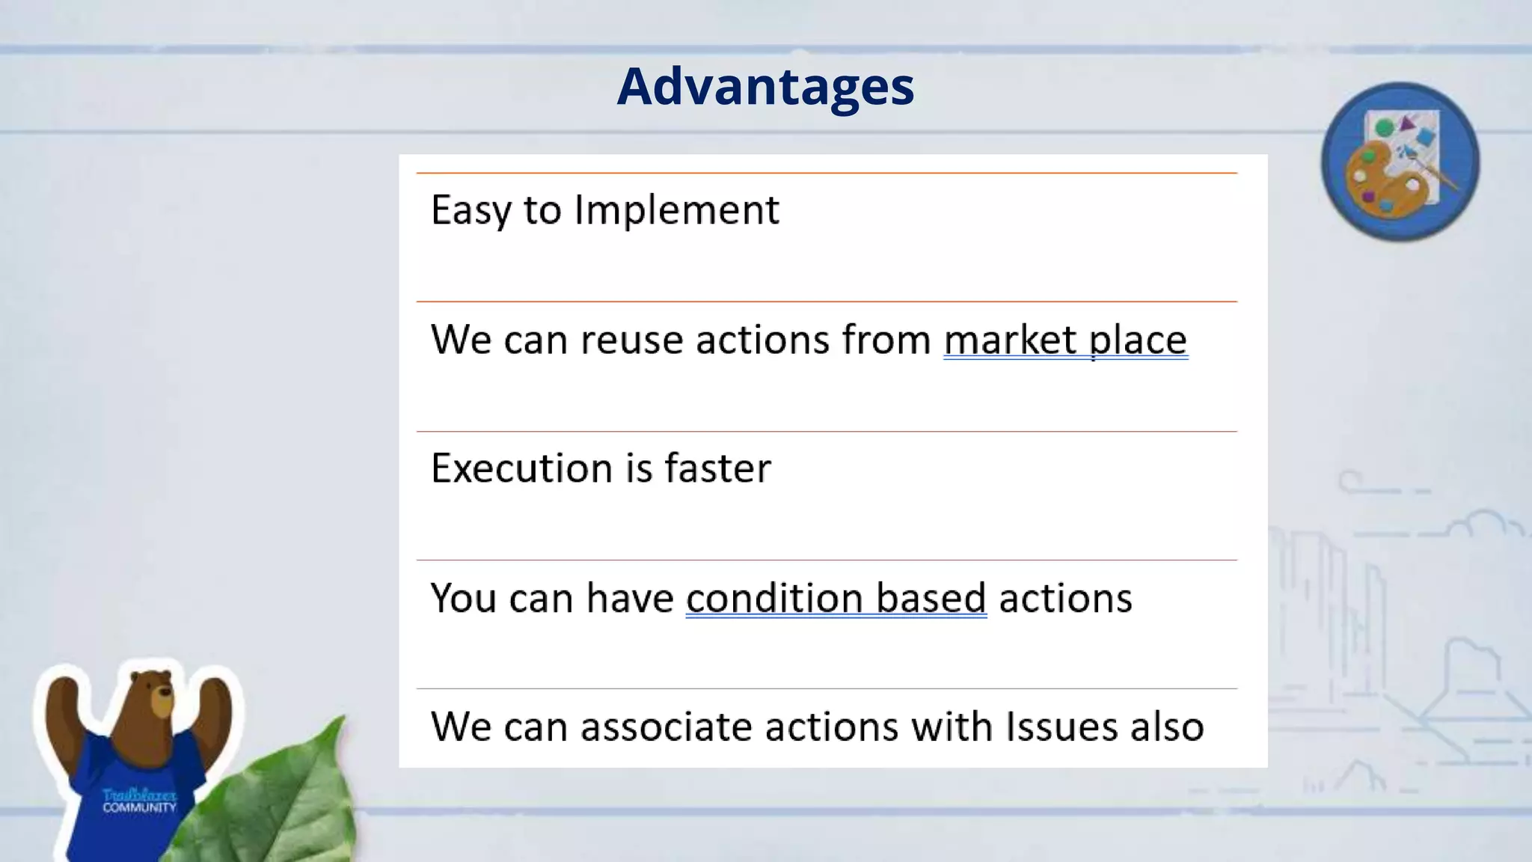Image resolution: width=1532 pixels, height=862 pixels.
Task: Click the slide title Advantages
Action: click(765, 87)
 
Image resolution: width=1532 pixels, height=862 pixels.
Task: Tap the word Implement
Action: click(676, 210)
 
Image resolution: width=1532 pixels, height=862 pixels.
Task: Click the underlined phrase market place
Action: click(1064, 340)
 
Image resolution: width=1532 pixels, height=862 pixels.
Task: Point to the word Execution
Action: click(521, 469)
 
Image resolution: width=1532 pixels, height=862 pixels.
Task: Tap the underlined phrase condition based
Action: click(836, 599)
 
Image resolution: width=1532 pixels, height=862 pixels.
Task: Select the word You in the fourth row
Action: click(463, 599)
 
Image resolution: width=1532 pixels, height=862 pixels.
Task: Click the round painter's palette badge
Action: click(1400, 162)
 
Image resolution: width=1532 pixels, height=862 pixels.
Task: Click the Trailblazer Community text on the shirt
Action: click(139, 800)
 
